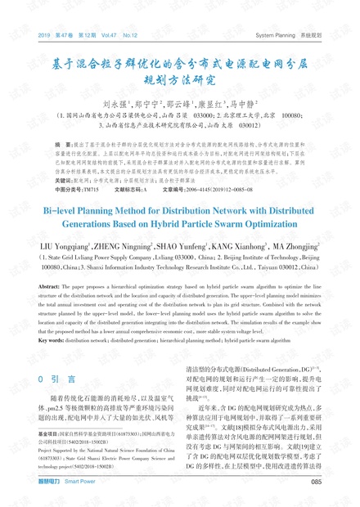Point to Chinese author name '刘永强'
coord(115,104)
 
